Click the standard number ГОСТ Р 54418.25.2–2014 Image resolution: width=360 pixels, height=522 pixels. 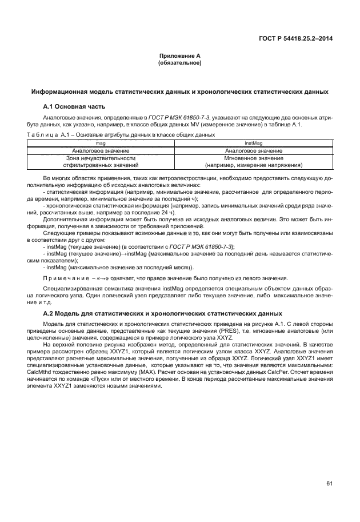296,38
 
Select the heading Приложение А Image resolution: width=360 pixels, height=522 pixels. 179,56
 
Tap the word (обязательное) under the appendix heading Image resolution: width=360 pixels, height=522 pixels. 179,63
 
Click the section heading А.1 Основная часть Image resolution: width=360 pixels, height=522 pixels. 74,107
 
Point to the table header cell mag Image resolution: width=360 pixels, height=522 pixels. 101,143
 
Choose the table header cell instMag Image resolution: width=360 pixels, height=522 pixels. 254,143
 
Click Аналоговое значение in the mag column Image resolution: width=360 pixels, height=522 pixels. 101,150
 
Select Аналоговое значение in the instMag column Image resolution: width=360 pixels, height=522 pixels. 254,150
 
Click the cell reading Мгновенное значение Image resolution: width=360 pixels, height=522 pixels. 254,158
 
